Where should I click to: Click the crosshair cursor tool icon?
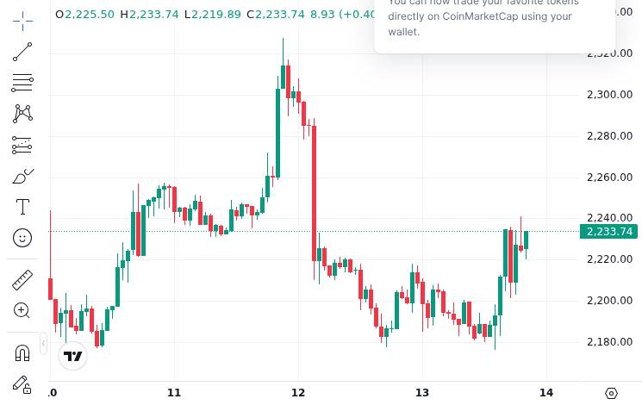coord(22,21)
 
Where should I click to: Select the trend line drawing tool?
coord(22,52)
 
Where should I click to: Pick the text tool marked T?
coord(22,207)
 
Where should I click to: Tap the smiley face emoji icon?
coord(22,237)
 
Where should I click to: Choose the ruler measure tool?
coord(22,279)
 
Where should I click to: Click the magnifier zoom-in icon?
coord(22,310)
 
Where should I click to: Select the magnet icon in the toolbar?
coord(22,352)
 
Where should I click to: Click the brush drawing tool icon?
coord(22,177)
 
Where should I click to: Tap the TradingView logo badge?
coord(73,356)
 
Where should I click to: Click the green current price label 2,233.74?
coord(609,231)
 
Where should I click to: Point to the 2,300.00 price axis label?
coord(609,94)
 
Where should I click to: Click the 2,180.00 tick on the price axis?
coord(609,341)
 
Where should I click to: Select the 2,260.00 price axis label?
coord(609,177)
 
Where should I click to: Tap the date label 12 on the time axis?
coord(298,393)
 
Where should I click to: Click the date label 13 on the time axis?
coord(422,393)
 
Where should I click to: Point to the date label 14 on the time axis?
coord(545,393)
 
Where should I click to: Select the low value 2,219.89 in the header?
coord(216,15)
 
